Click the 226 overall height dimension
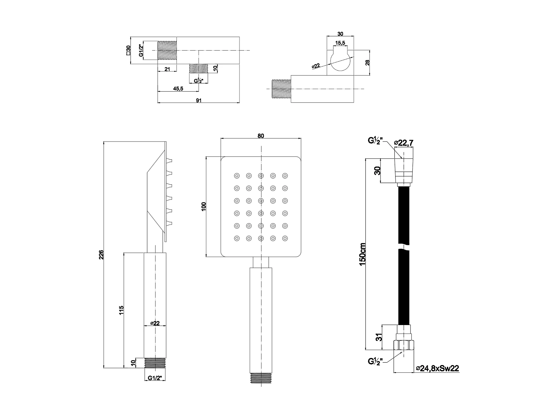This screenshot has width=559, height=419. pyautogui.click(x=101, y=254)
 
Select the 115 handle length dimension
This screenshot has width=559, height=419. pyautogui.click(x=122, y=310)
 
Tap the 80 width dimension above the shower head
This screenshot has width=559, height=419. pyautogui.click(x=261, y=136)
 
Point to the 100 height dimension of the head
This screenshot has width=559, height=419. pyautogui.click(x=204, y=206)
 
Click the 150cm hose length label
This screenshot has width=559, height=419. pyautogui.click(x=363, y=254)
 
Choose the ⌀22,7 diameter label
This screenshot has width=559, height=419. pyautogui.click(x=404, y=143)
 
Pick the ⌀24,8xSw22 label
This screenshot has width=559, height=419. pyautogui.click(x=437, y=368)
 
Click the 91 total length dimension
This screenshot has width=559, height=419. pyautogui.click(x=198, y=100)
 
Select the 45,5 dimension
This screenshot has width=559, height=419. pyautogui.click(x=178, y=89)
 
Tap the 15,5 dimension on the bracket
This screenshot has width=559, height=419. pyautogui.click(x=340, y=43)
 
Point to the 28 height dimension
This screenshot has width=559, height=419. pyautogui.click(x=368, y=63)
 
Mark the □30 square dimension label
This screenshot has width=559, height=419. pyautogui.click(x=128, y=50)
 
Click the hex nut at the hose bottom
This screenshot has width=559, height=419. pyautogui.click(x=404, y=345)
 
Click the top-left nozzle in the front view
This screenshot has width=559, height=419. pyautogui.click(x=237, y=176)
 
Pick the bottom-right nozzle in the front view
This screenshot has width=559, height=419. pyautogui.click(x=285, y=238)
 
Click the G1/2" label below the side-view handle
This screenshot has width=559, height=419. pyautogui.click(x=155, y=378)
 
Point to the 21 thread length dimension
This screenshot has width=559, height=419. pyautogui.click(x=167, y=69)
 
